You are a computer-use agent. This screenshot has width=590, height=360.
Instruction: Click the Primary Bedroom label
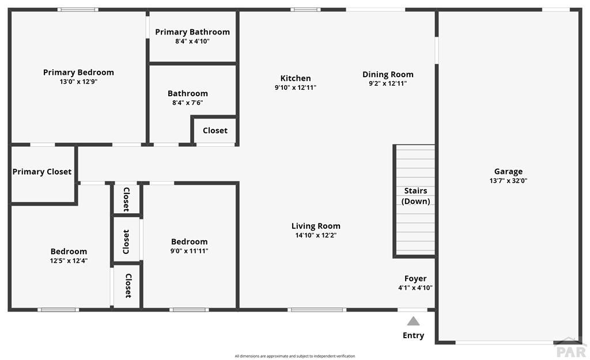click(78, 72)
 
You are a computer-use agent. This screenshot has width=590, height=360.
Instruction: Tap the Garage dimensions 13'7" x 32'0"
click(508, 180)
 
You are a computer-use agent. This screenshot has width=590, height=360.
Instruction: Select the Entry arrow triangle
click(413, 321)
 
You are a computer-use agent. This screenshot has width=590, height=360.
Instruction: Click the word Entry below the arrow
click(413, 336)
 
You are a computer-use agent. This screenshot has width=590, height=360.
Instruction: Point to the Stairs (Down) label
click(416, 196)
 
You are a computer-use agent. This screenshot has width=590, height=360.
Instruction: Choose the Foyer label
click(415, 278)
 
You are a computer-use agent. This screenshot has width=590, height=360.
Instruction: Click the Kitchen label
click(296, 78)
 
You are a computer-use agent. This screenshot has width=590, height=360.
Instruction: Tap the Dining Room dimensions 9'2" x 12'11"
click(388, 84)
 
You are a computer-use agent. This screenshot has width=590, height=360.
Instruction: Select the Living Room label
click(316, 226)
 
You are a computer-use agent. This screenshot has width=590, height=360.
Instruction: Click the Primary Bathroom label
click(192, 32)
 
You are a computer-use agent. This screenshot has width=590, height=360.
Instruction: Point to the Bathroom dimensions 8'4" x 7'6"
click(188, 103)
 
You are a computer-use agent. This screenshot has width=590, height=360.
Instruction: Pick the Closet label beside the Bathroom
click(215, 131)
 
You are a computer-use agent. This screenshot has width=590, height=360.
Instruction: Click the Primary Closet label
click(41, 172)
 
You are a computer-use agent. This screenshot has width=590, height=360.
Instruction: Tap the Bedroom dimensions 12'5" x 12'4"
click(69, 261)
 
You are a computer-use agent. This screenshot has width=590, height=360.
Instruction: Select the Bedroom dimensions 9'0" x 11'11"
click(189, 251)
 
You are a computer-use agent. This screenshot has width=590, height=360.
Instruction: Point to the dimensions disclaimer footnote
click(295, 356)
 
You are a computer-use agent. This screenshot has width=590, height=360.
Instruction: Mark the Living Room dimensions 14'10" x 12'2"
click(316, 236)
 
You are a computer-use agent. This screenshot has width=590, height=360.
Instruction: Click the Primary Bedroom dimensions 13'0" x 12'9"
click(78, 82)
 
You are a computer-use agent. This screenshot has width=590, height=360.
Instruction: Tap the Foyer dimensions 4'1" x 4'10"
click(415, 288)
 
